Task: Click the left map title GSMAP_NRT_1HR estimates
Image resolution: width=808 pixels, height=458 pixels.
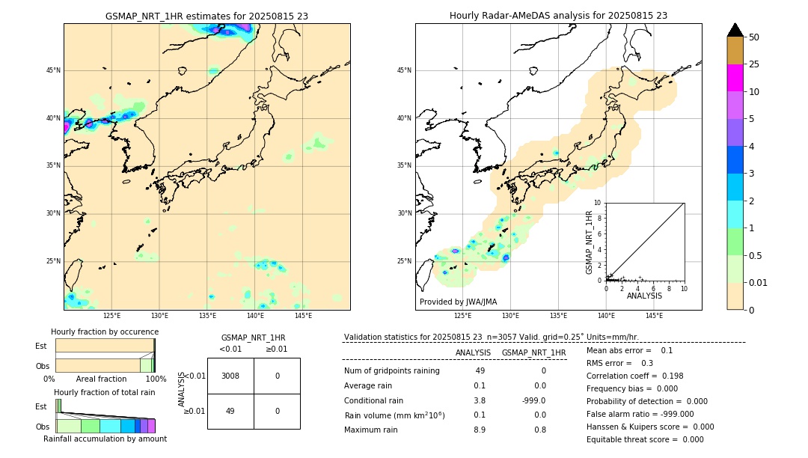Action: click(206, 16)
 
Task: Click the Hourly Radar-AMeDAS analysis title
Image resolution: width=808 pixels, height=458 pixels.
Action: click(558, 16)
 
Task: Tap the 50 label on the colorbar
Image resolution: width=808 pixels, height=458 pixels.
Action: click(754, 37)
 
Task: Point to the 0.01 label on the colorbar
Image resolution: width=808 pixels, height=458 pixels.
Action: click(759, 282)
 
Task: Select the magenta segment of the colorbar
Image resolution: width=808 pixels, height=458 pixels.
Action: click(735, 78)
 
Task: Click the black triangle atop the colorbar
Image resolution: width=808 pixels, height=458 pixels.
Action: click(735, 30)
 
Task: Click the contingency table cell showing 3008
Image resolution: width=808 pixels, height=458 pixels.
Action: click(230, 376)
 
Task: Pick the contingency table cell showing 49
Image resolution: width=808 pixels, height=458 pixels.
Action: click(230, 411)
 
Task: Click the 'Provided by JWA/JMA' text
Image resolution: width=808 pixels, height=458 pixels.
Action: click(458, 302)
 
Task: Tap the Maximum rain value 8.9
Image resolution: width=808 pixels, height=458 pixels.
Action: click(480, 430)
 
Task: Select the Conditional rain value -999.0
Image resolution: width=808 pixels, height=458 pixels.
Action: click(534, 400)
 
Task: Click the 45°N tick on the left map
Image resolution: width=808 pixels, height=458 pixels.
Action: click(53, 70)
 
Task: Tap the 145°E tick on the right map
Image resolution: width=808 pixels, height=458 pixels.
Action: click(654, 316)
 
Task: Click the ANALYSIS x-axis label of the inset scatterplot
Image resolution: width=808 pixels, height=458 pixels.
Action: click(644, 296)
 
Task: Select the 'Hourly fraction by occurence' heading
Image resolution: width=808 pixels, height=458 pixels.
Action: click(105, 332)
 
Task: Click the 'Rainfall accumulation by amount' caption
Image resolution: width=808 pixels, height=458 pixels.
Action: click(105, 439)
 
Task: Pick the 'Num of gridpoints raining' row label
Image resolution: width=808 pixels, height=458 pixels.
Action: click(391, 371)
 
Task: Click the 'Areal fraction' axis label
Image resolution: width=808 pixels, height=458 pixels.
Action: click(100, 379)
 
